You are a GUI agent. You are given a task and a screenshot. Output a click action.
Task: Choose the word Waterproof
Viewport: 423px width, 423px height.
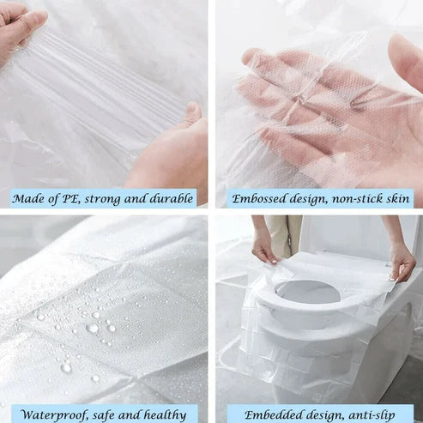tap(55, 414)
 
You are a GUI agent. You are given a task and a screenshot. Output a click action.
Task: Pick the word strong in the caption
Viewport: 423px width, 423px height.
tap(107, 198)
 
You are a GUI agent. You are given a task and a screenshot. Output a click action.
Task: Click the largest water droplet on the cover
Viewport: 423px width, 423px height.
tap(91, 328)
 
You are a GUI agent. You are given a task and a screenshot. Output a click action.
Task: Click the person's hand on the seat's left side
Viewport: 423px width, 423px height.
tap(263, 249)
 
